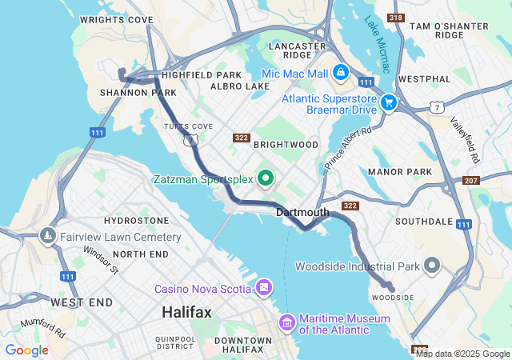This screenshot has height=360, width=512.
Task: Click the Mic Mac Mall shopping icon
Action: (341, 73)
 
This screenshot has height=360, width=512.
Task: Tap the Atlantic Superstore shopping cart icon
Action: (389, 102)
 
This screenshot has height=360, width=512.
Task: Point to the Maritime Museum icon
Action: (286, 322)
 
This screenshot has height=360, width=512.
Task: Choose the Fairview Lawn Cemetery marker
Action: (47, 237)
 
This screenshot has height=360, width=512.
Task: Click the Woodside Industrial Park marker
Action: (433, 266)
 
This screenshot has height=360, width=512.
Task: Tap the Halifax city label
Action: (186, 312)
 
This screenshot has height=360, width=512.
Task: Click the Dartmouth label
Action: (302, 212)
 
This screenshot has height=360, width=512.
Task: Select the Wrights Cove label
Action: (116, 19)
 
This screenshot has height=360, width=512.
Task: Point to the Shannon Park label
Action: (126, 93)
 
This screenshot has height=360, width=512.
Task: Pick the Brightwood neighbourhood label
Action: (286, 145)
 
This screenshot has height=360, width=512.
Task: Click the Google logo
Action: (26, 350)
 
